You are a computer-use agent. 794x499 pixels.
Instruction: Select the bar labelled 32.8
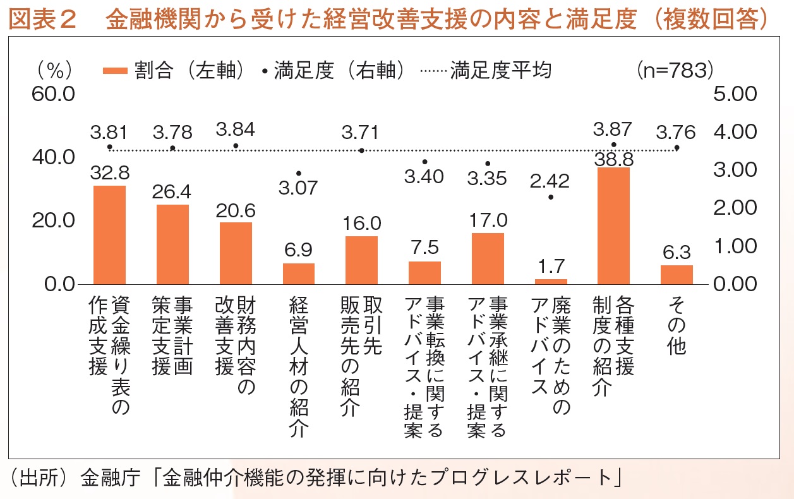(x=109, y=234)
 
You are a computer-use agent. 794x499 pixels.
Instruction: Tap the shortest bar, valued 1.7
(x=551, y=281)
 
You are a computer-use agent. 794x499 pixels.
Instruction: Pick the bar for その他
(x=677, y=274)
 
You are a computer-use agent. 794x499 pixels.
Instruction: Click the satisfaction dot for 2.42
(x=551, y=197)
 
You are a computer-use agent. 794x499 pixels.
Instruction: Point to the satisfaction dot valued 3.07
(x=298, y=172)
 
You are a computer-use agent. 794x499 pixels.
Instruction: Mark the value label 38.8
(x=613, y=159)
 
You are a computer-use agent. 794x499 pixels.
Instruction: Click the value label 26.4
(x=172, y=191)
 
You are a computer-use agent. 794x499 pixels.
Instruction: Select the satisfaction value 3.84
(x=235, y=129)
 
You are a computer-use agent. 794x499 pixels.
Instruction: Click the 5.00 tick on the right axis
(x=735, y=94)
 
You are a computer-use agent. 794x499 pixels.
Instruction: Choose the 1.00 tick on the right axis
(x=735, y=246)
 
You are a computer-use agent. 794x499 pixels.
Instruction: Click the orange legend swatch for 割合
(x=116, y=71)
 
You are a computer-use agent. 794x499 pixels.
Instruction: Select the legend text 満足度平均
(x=500, y=70)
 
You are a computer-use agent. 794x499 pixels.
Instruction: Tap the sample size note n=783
(x=674, y=70)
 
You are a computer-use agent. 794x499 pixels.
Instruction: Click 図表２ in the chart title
(x=43, y=20)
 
